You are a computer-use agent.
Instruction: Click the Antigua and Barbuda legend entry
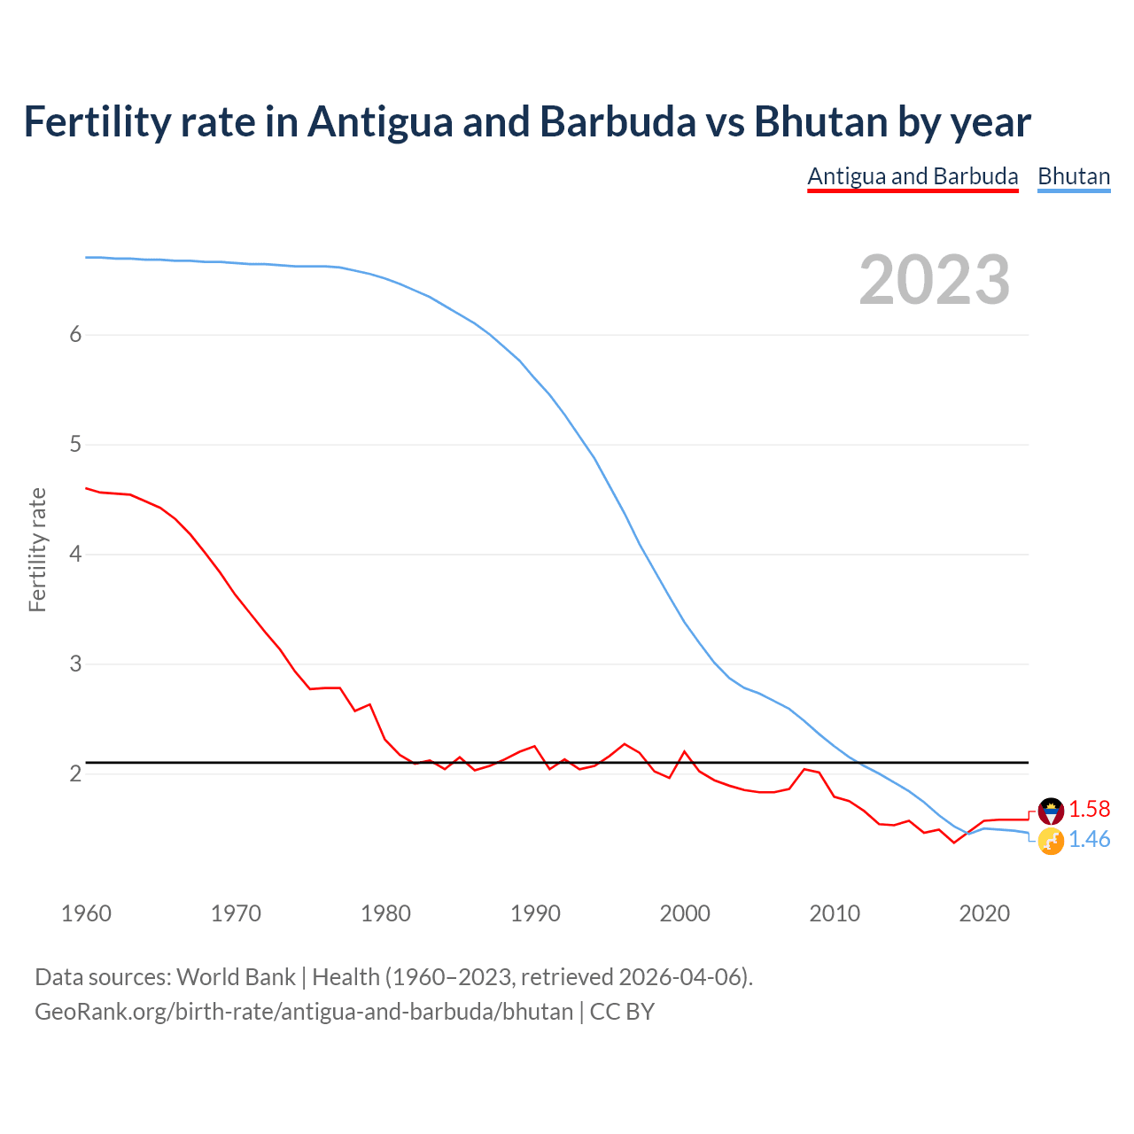913,176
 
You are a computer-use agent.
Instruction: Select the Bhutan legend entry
1074,176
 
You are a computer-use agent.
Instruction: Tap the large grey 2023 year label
934,280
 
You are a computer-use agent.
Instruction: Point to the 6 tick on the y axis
75,335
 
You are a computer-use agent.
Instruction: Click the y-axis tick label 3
75,664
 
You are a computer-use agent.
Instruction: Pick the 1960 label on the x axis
86,913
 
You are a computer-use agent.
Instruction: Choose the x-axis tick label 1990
535,913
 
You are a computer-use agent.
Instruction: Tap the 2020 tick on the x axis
984,913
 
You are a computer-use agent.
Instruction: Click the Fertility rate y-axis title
37,549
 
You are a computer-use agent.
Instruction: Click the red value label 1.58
1089,809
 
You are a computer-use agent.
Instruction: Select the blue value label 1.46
1089,839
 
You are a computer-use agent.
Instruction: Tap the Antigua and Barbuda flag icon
1051,810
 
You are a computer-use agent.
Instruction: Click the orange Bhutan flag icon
1051,841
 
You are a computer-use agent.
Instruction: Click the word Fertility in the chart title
96,121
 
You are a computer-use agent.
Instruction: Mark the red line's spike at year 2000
684,751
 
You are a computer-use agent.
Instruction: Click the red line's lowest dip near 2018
954,842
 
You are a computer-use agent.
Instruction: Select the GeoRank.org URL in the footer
304,1012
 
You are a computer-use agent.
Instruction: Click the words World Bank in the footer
236,977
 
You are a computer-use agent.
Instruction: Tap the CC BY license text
622,1012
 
